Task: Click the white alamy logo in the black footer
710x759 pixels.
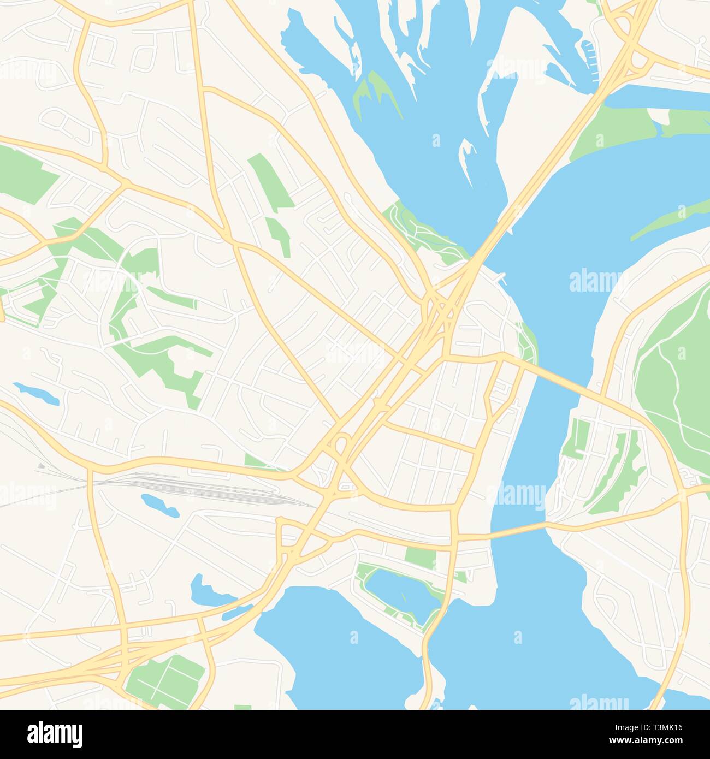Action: point(55,734)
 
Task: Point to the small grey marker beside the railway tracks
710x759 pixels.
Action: point(42,467)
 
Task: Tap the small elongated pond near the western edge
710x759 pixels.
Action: point(36,393)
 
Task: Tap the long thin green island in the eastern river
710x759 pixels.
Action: point(669,219)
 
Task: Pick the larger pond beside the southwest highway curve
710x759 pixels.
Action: point(205,592)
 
